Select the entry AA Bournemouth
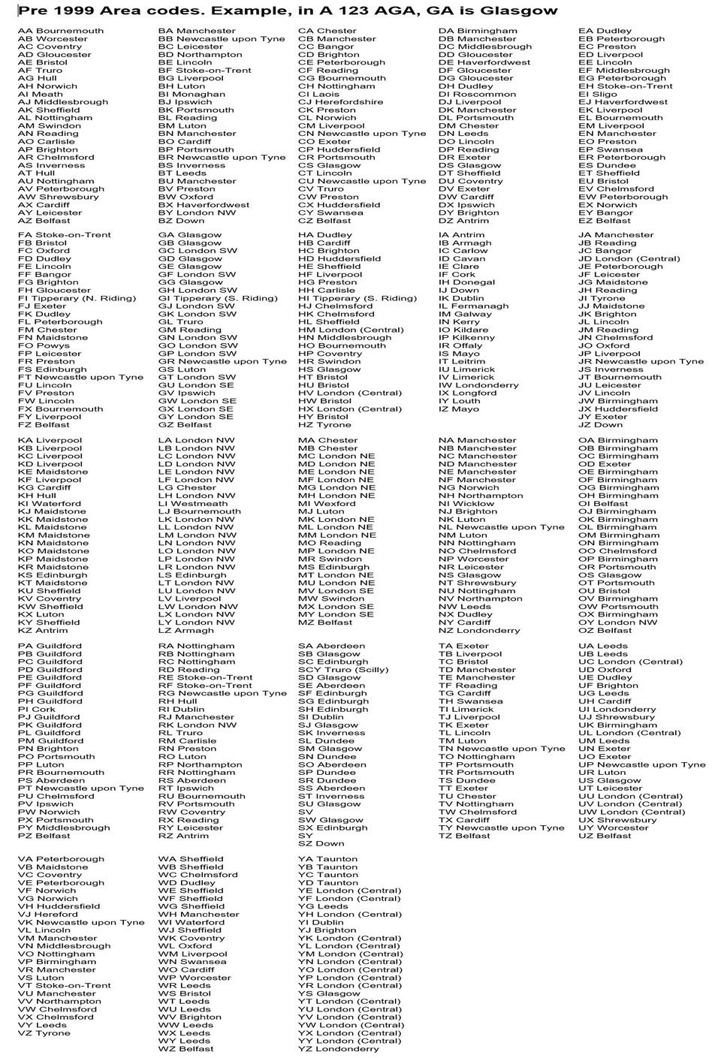click(61, 31)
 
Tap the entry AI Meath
click(41, 94)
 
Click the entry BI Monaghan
click(192, 94)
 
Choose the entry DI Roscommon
click(477, 94)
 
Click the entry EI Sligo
click(598, 94)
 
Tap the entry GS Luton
click(182, 369)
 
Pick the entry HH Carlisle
click(327, 290)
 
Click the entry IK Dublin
click(461, 298)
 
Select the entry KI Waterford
click(50, 504)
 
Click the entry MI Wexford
click(327, 504)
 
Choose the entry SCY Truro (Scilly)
click(343, 670)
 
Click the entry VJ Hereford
click(48, 915)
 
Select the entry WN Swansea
click(192, 962)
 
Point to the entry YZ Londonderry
click(339, 1049)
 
